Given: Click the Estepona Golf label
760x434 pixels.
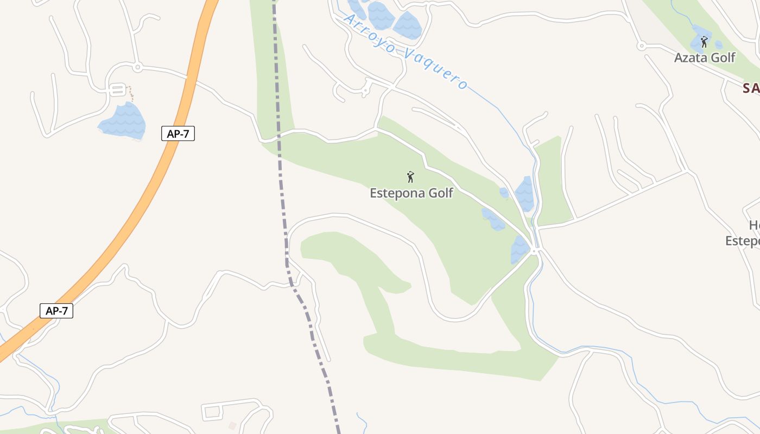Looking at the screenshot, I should click(411, 193).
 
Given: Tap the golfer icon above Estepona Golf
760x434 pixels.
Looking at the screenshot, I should click(410, 177).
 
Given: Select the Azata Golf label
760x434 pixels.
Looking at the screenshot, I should click(705, 58).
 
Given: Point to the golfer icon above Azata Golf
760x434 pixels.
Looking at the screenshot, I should click(704, 42).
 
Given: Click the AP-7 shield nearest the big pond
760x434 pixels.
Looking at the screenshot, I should click(178, 133).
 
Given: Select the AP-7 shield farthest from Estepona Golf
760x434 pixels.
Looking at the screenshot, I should click(56, 311).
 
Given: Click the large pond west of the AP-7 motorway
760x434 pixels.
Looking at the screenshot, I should click(124, 122).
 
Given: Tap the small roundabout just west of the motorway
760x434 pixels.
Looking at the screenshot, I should click(137, 68).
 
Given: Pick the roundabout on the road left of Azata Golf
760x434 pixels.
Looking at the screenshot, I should click(641, 46).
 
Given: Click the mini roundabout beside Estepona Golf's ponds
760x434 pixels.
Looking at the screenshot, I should click(535, 251).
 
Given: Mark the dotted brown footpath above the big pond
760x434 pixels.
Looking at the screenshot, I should click(130, 93).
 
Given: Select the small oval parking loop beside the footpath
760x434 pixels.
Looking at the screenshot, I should click(117, 90).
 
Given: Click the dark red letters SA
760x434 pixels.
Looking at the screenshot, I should click(751, 88).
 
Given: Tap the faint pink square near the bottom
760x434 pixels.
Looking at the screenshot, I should click(232, 426).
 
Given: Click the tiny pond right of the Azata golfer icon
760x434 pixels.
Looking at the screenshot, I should click(719, 45).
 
